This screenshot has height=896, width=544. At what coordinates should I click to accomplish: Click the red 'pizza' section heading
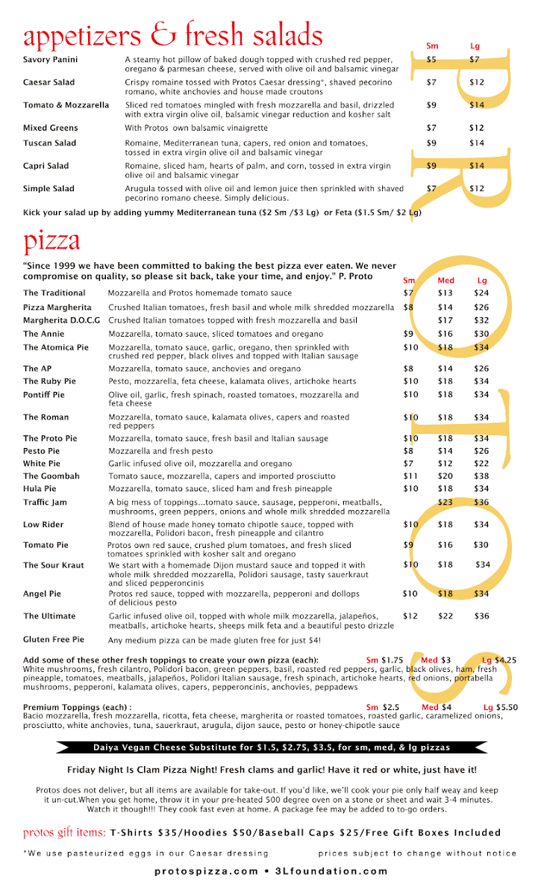pos(51,241)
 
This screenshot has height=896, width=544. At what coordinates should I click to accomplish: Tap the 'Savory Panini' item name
pos(50,60)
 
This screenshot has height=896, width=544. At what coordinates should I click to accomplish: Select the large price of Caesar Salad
pos(477,82)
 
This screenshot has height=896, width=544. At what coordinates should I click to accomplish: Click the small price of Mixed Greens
pos(431,128)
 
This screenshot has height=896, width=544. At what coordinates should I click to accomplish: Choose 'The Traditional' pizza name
pos(54,293)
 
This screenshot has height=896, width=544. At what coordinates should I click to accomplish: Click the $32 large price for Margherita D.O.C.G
pos(481,320)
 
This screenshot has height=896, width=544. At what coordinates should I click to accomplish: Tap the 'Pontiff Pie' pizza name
pos(44,395)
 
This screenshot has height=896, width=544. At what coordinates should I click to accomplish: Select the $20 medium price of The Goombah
pos(445,476)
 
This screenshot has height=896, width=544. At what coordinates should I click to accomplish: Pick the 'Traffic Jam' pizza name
pos(45,503)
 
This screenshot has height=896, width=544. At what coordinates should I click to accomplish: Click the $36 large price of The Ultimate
pos(481,616)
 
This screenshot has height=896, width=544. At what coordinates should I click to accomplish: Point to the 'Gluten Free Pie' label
pos(54,640)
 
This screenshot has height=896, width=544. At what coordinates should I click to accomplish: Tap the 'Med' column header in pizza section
pos(445,281)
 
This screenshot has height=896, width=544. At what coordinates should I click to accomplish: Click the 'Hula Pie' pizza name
pos(40,488)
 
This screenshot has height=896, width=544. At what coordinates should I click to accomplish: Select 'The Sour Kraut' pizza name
pos(54,565)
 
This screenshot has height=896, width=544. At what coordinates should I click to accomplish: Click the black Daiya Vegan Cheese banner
pos(272,747)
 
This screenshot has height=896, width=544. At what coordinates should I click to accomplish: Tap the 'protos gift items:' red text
pos(64,833)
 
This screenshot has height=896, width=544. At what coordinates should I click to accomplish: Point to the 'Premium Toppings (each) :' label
pos(78,707)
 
